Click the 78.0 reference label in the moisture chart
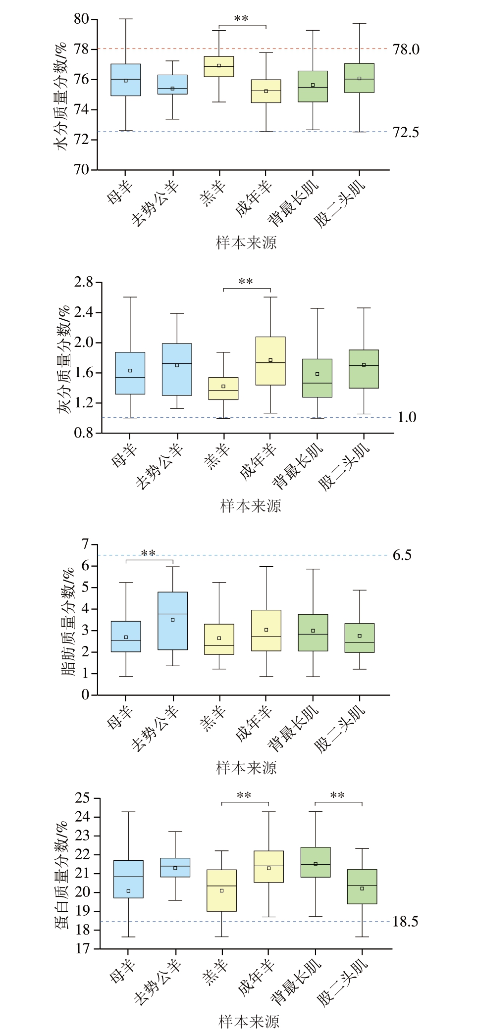click(x=406, y=49)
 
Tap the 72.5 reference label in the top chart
click(x=406, y=133)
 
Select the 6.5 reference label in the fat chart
click(x=402, y=555)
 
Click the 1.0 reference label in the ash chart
click(x=407, y=418)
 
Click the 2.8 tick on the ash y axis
click(x=83, y=283)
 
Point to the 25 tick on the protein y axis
click(x=84, y=798)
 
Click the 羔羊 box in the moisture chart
click(x=219, y=66)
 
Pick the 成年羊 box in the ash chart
click(x=270, y=361)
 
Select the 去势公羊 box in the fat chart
click(x=172, y=621)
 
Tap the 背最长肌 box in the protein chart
click(x=316, y=862)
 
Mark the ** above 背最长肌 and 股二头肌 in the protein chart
click(x=337, y=795)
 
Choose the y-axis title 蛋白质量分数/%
click(x=62, y=873)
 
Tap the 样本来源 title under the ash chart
click(x=250, y=506)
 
